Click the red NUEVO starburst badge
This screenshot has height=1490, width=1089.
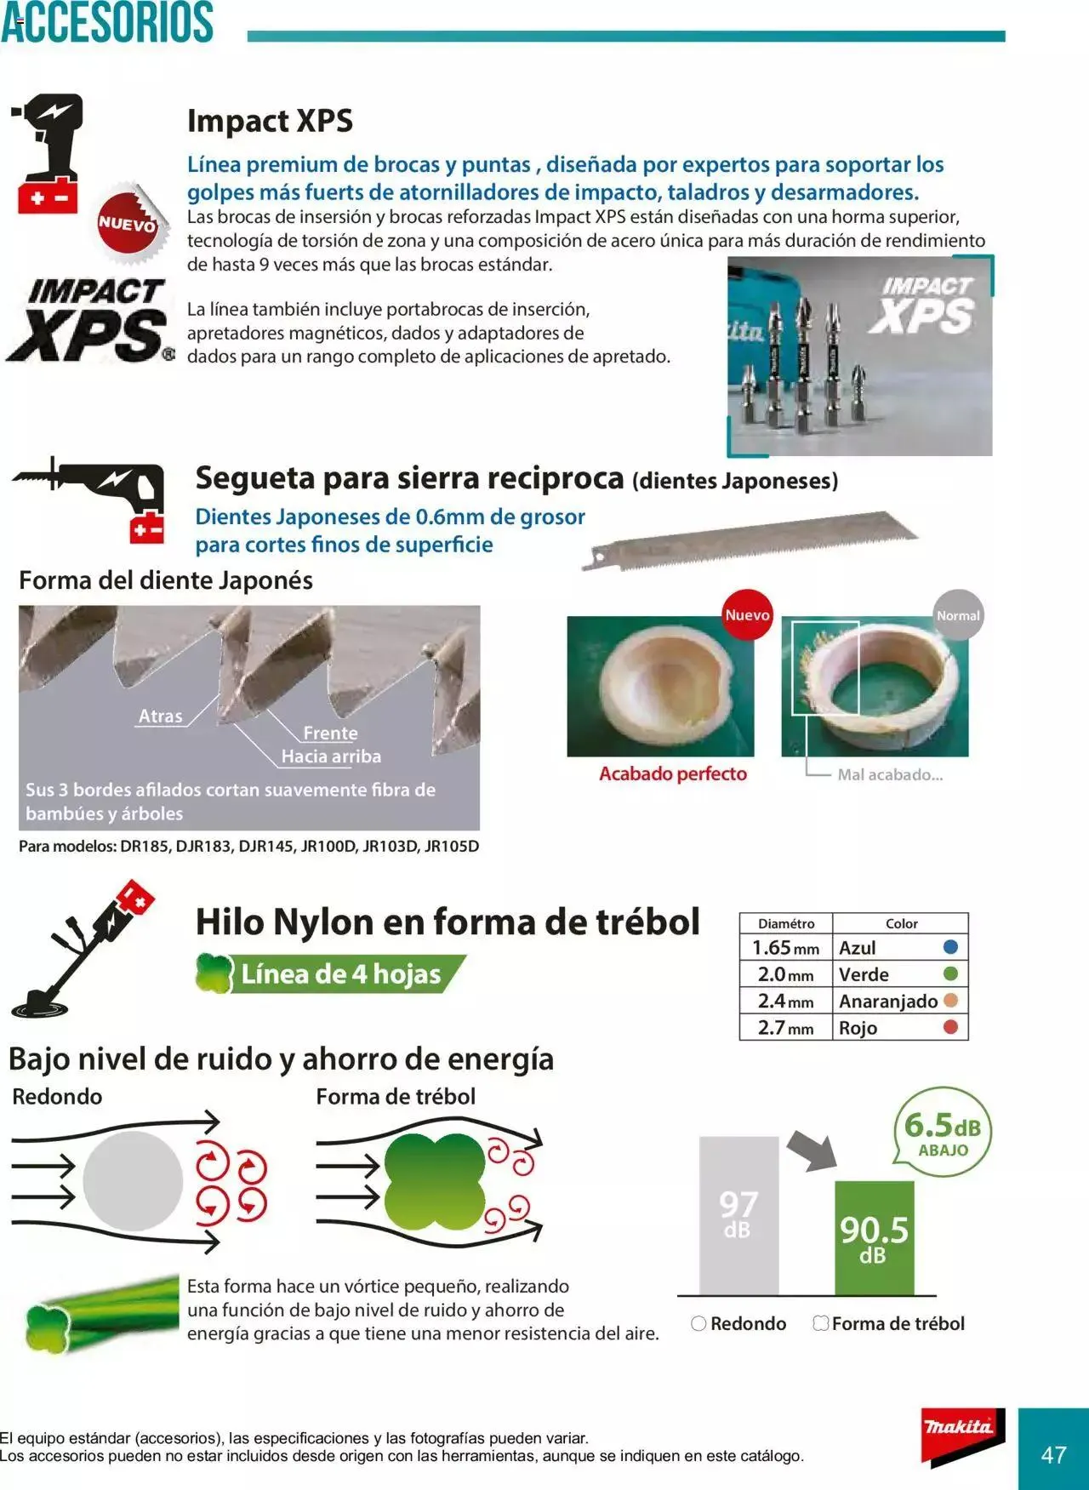128,224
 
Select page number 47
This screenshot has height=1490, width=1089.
1053,1454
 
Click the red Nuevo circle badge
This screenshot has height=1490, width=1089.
747,614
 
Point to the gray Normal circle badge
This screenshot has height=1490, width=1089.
958,614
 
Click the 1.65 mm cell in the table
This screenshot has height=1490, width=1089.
785,947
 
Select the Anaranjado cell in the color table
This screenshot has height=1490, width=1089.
888,1001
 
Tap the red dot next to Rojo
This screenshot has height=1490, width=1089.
950,1027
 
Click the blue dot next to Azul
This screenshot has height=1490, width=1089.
950,946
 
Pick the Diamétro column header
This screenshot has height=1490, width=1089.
785,923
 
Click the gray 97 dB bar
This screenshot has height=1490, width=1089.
738,1215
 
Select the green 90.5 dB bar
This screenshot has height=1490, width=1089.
874,1238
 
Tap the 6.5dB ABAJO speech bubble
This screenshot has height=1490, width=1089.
942,1132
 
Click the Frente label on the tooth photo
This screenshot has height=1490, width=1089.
330,733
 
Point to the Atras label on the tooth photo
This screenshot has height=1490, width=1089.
161,716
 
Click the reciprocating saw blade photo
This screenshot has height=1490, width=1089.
749,539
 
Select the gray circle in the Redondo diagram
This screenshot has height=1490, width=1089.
133,1180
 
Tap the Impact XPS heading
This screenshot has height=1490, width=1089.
270,121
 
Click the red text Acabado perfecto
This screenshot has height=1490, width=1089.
672,774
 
